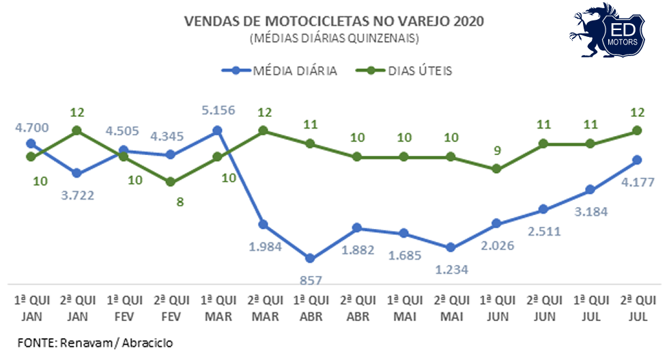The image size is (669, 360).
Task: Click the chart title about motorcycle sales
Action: click(334, 21)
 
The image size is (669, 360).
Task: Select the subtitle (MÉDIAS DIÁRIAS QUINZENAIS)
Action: click(334, 38)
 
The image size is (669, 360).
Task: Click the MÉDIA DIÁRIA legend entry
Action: click(281, 70)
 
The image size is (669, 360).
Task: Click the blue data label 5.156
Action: click(218, 108)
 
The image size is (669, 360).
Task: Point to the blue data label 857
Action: click(311, 279)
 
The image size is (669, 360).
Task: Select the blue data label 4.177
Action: click(637, 182)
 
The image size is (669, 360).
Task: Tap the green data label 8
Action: click(171, 202)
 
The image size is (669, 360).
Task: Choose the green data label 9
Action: click(497, 150)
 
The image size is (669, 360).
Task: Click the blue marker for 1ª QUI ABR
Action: click(311, 258)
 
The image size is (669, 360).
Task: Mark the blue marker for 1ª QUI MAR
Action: click(218, 130)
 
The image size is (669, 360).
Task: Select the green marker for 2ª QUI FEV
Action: click(171, 182)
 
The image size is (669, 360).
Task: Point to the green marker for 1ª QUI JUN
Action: click(497, 169)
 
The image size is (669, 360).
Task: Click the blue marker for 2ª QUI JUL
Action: click(637, 160)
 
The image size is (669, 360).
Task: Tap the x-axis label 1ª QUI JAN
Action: click(31, 308)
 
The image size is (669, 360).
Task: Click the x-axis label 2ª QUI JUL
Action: click(637, 308)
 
